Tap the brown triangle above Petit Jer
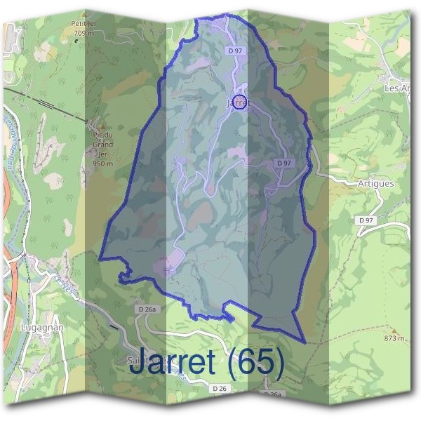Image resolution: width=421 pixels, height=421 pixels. click(x=83, y=14)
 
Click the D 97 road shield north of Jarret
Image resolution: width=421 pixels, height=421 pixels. click(x=234, y=51)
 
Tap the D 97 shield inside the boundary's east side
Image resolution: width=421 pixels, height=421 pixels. click(x=283, y=163)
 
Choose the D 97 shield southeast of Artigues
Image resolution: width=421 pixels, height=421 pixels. click(x=366, y=220)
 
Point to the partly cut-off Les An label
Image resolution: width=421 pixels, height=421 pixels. click(x=396, y=89)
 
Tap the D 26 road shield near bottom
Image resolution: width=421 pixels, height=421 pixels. click(x=219, y=387)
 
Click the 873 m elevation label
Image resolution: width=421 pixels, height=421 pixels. click(x=394, y=339)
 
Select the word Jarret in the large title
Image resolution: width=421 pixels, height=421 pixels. click(x=172, y=362)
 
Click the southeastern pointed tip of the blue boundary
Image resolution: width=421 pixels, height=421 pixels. click(x=305, y=342)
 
